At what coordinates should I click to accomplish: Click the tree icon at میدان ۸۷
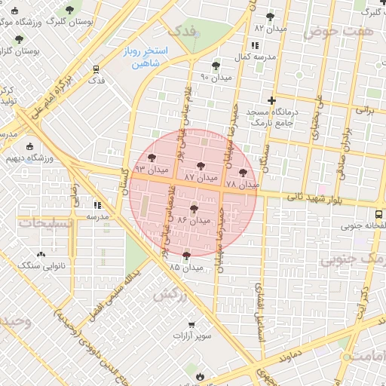tap(201, 166)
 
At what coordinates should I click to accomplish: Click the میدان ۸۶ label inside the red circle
tap(193, 221)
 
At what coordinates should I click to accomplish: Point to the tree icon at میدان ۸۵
tap(186, 256)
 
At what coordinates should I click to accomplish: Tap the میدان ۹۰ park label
tap(216, 77)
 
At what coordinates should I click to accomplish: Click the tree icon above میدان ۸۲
tap(271, 16)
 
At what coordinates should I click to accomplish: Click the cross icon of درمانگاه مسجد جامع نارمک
tap(272, 100)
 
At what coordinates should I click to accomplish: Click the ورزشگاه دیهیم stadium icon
tap(30, 146)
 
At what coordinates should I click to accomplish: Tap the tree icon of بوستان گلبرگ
tap(70, 10)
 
